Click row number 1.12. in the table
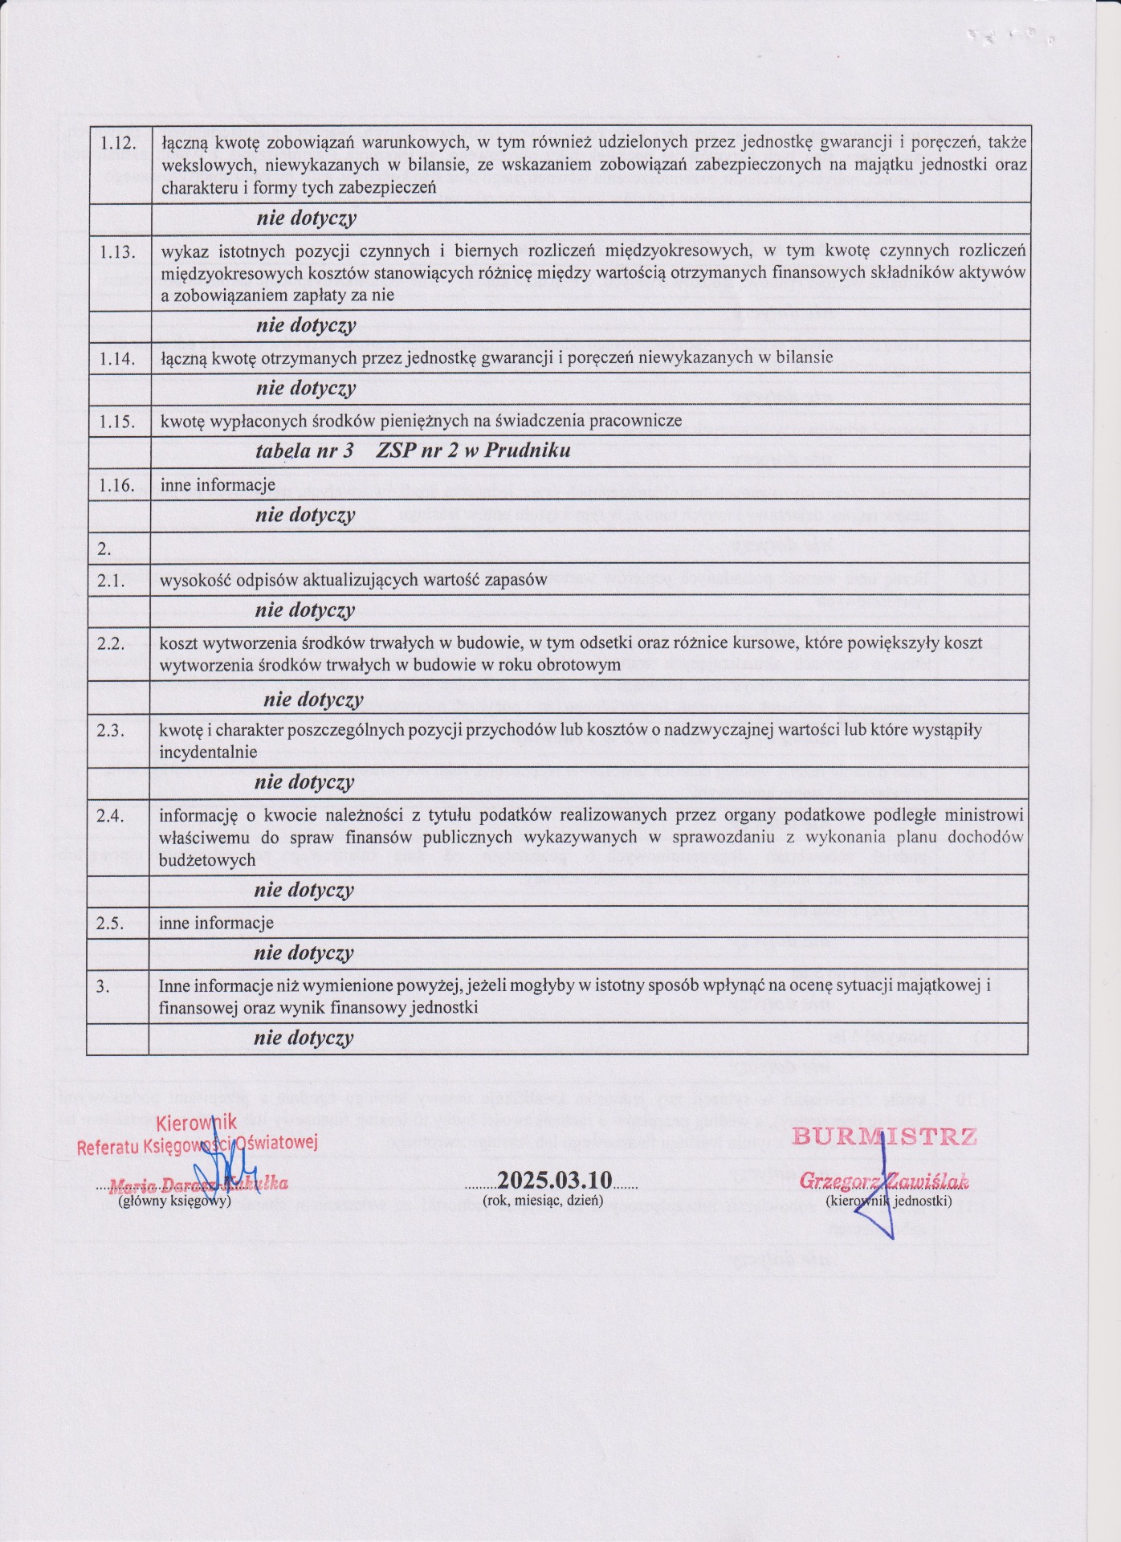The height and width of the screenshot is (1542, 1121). point(117,143)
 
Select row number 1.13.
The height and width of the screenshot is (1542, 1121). point(117,251)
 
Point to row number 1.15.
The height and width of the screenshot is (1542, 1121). point(117,421)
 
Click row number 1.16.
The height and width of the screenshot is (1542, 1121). point(116,485)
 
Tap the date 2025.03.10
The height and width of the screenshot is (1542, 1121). point(555,1180)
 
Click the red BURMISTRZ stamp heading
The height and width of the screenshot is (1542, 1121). point(885,1136)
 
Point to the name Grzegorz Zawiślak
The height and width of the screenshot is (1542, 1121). point(884,1182)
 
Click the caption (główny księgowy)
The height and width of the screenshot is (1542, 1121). point(174,1201)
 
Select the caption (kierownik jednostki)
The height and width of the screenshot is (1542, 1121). point(889,1201)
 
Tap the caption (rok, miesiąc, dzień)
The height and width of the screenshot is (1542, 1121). point(543,1201)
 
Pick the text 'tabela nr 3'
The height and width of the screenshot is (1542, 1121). point(304,451)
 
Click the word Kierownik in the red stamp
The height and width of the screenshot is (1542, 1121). point(197,1123)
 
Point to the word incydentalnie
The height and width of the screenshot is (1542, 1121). point(208,753)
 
